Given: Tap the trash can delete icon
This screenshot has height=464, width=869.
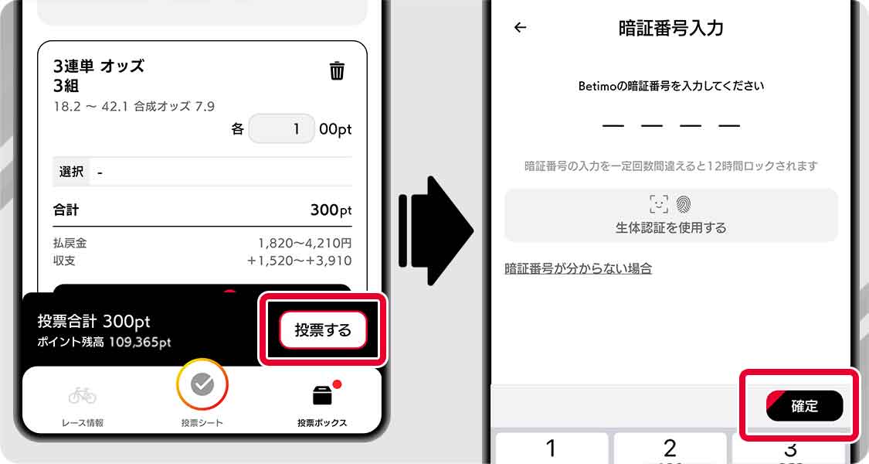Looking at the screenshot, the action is point(337,71).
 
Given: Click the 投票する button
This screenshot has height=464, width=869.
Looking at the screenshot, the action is point(323,330).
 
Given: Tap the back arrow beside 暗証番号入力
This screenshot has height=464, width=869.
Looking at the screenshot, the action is point(520,27).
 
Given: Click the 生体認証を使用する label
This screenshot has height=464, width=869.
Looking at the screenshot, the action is point(670,227).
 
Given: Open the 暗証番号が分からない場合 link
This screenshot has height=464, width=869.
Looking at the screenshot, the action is point(578,268).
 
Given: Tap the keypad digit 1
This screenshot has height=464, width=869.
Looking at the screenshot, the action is point(550,448).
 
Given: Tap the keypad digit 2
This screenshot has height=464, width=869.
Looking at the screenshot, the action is point(670,448).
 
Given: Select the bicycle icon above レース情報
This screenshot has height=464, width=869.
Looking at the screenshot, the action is point(83,395).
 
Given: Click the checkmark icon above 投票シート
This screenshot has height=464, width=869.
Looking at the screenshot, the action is point(202,384).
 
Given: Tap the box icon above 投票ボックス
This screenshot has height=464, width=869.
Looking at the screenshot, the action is point(323,395).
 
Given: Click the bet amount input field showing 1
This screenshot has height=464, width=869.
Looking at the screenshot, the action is point(281,129).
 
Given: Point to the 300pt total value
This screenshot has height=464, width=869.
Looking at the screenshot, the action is point(331,210).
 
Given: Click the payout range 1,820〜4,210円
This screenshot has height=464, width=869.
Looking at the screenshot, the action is point(305,243).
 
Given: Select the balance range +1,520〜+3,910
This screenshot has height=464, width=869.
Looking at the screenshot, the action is point(299,261).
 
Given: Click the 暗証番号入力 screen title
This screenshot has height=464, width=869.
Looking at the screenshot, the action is point(670,28).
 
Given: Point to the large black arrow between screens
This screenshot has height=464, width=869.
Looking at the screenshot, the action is point(436,230).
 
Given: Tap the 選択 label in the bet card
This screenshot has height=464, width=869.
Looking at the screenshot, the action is point(72,172).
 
